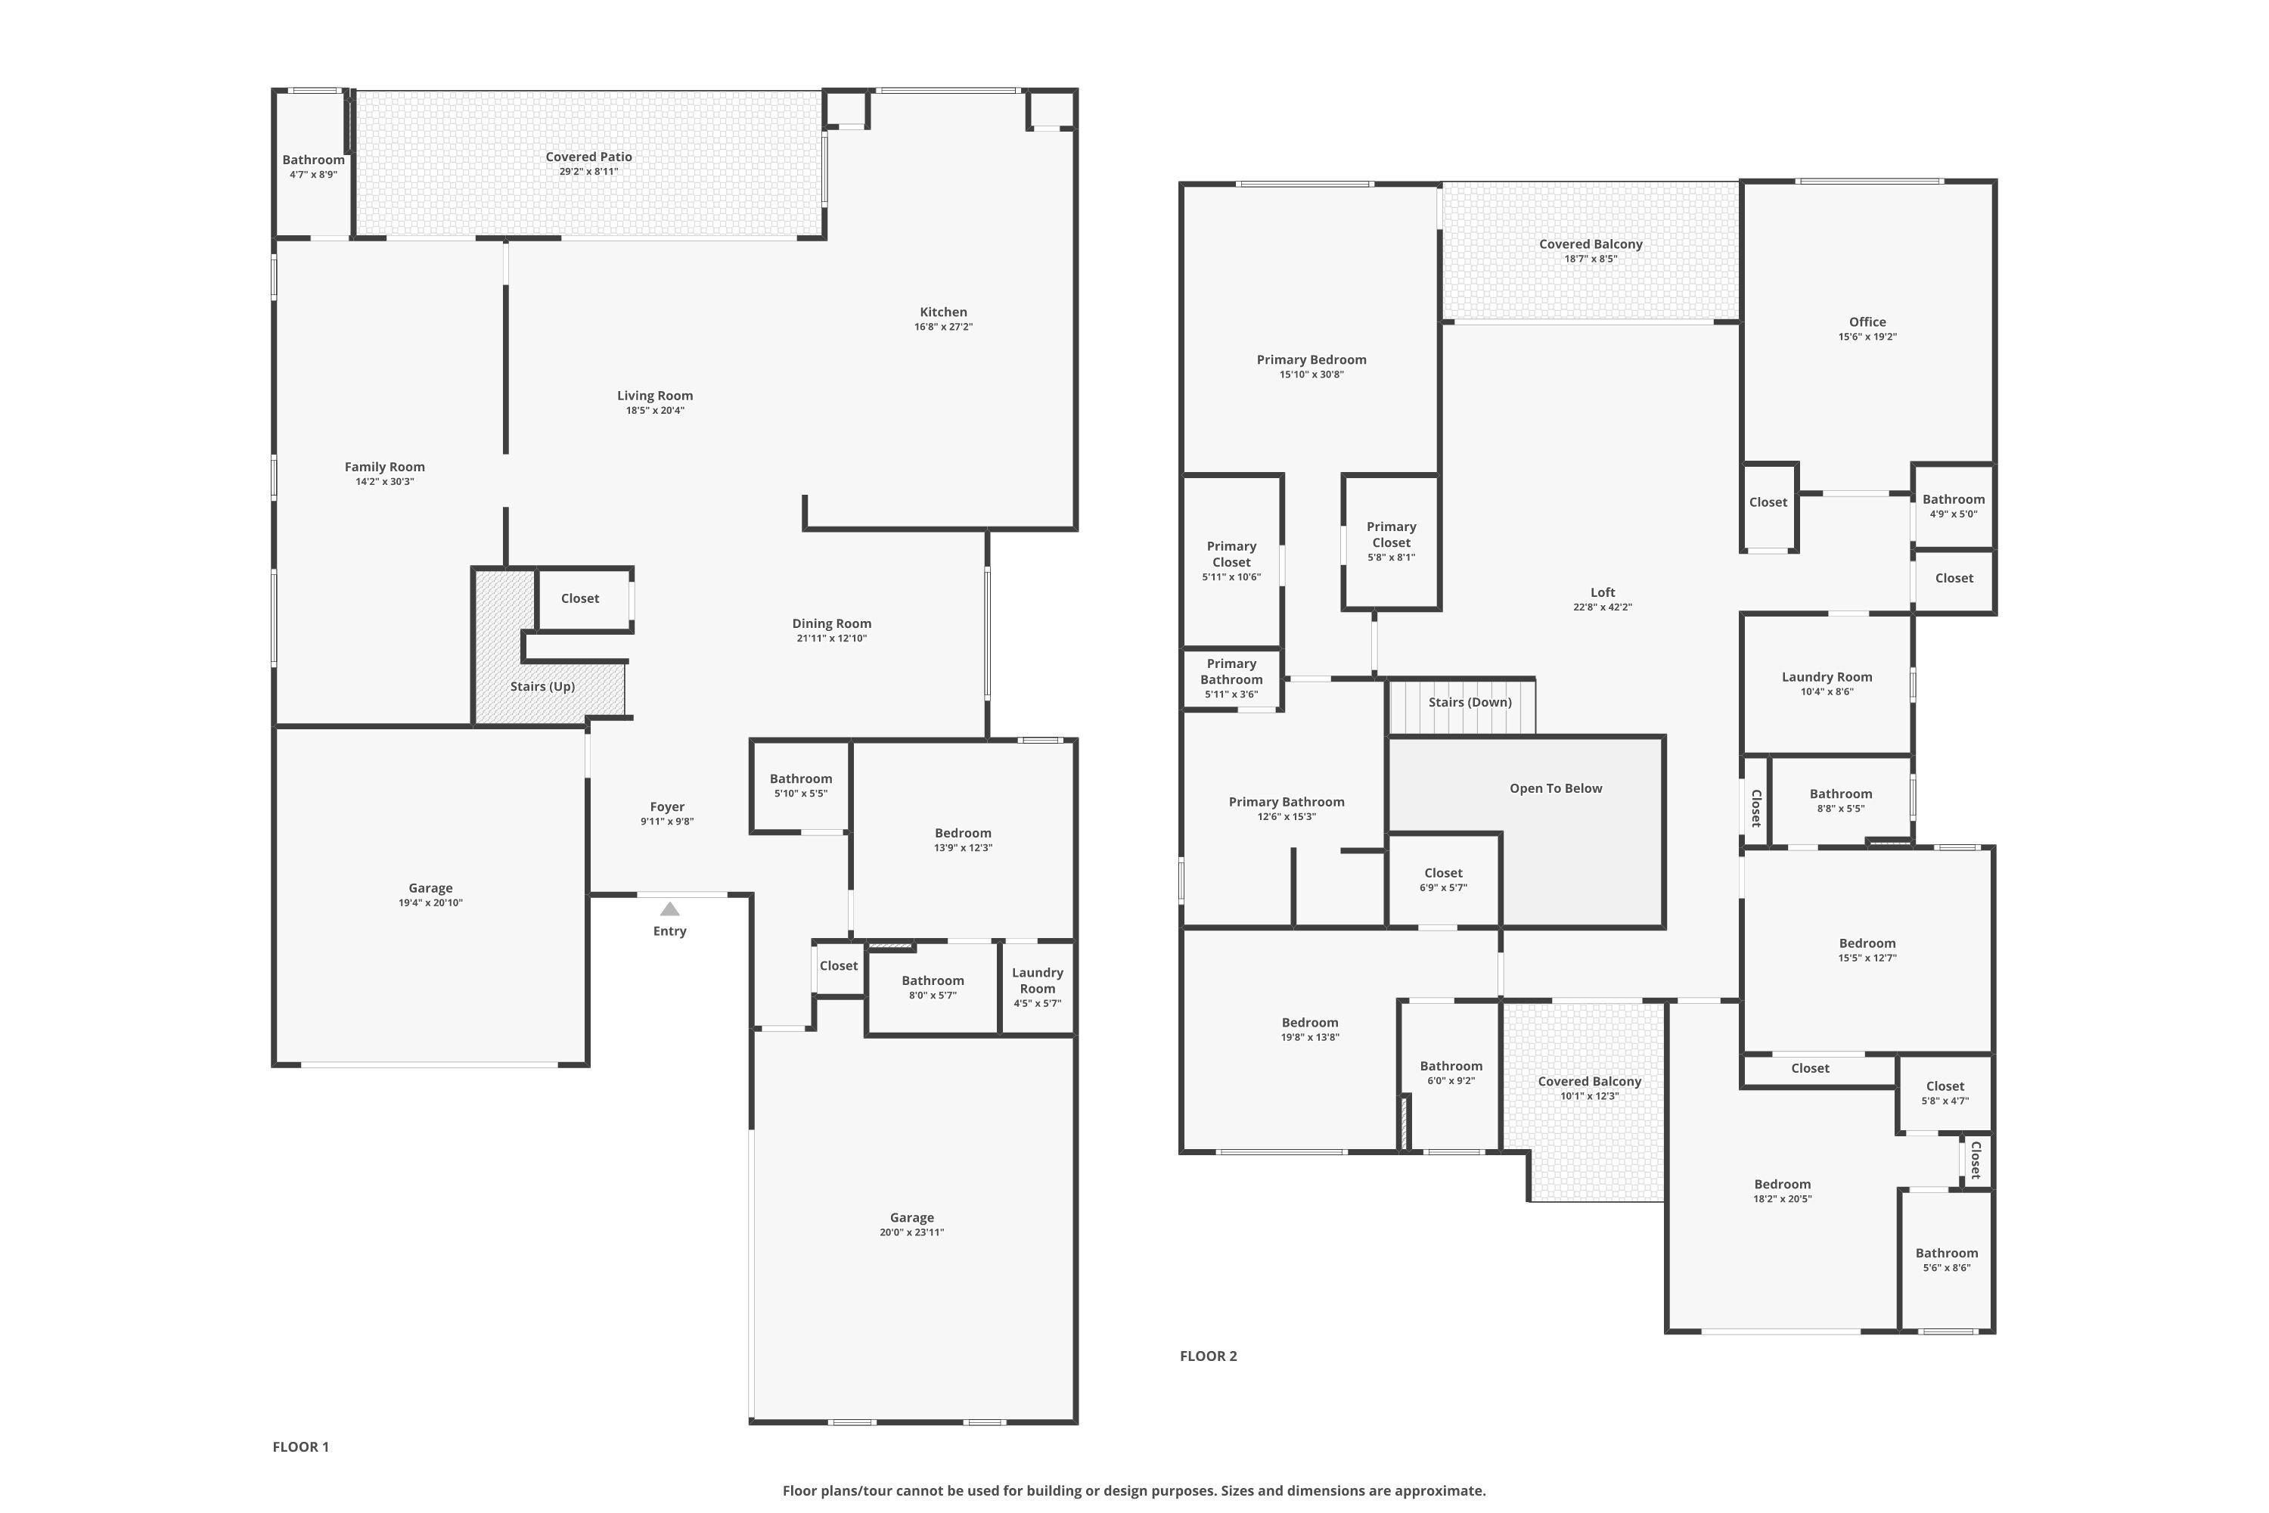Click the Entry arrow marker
[x=669, y=909]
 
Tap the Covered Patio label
[x=588, y=157]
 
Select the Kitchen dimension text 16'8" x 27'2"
[x=942, y=327]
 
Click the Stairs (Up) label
[x=542, y=686]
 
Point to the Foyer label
[x=666, y=806]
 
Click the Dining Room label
[x=831, y=623]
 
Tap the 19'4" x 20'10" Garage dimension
[x=430, y=903]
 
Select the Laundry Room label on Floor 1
[x=1037, y=980]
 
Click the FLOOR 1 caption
[x=300, y=1446]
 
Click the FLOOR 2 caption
[x=1208, y=1356]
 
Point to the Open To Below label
[x=1555, y=788]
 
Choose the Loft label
[x=1603, y=592]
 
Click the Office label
[x=1867, y=322]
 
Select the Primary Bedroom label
[x=1311, y=360]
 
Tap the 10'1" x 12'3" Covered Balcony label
[x=1589, y=1082]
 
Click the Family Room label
[x=384, y=467]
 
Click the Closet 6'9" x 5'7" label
[x=1443, y=873]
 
